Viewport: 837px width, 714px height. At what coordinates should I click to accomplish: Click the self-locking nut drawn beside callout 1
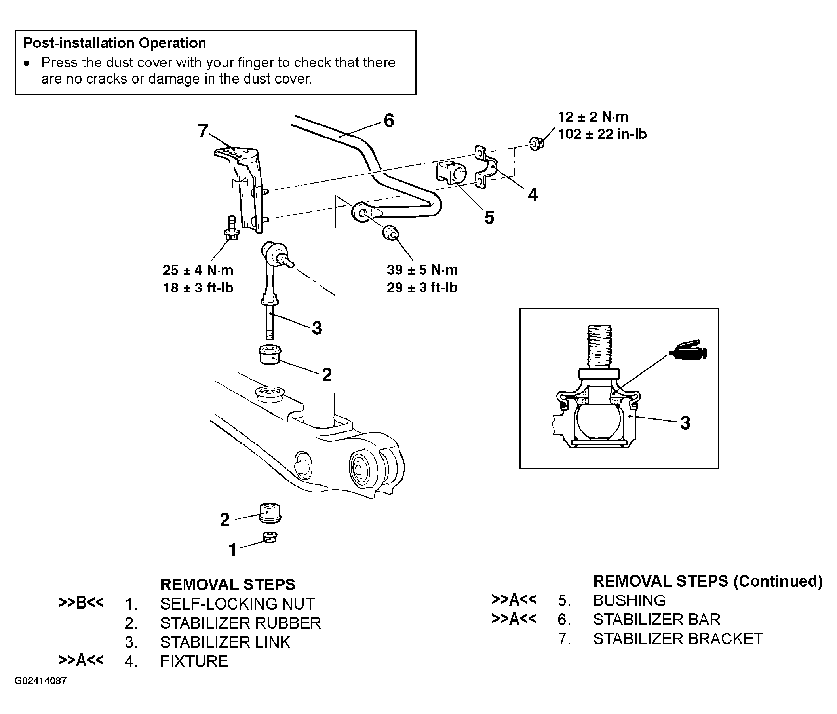point(270,537)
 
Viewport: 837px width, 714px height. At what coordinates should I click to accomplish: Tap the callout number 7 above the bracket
point(203,131)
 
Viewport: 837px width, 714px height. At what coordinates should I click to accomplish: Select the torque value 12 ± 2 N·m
point(593,117)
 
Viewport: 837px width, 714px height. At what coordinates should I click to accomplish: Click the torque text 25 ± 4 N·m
point(198,270)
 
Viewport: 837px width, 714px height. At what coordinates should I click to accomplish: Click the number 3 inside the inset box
point(685,423)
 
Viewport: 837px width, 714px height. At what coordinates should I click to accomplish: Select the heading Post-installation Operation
point(115,43)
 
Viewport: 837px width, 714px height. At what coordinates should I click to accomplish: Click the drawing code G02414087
point(40,681)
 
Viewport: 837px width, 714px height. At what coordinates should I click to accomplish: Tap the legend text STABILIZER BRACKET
point(678,639)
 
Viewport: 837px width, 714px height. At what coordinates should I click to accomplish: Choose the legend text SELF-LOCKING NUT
point(237,604)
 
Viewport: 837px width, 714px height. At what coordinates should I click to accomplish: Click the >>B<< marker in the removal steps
point(81,602)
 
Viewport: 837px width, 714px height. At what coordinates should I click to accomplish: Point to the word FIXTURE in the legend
point(194,661)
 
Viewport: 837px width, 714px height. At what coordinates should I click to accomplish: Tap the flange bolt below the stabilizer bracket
point(232,228)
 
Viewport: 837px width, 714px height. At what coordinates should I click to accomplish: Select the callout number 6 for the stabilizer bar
point(389,120)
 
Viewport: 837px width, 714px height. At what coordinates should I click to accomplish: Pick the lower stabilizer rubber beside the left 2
point(270,513)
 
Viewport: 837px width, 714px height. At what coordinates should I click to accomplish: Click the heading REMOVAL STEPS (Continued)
point(708,581)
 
